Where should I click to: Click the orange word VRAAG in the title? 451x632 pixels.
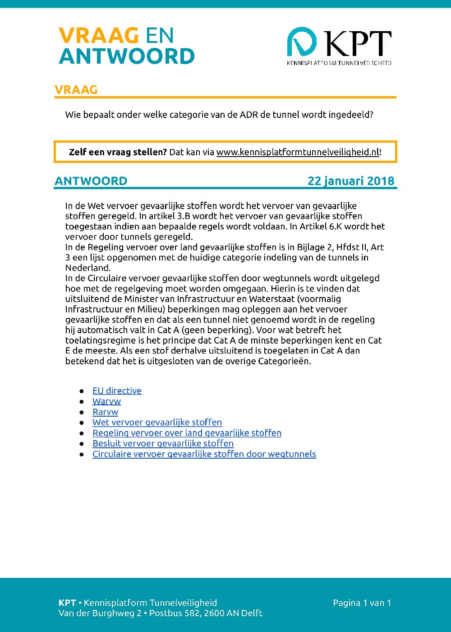[x=98, y=36]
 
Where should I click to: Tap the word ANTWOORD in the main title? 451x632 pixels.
[x=127, y=56]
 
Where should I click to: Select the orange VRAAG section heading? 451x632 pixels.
[x=76, y=90]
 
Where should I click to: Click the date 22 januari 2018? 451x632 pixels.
[x=351, y=181]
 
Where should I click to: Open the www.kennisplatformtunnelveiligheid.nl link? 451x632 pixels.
[x=298, y=152]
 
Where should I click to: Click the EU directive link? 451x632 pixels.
[x=117, y=391]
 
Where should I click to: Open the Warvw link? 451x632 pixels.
[x=107, y=401]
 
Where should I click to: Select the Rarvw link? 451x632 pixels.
[x=105, y=412]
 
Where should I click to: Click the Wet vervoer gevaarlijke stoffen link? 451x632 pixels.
[x=157, y=423]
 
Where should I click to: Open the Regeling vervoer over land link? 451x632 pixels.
[x=187, y=433]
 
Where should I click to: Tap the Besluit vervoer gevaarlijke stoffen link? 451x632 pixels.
[x=163, y=443]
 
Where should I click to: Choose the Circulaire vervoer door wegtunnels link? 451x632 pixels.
[x=204, y=454]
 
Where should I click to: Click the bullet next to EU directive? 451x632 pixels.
[x=82, y=391]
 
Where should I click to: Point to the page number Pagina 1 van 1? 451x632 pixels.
[x=362, y=603]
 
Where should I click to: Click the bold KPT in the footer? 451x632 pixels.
[x=67, y=603]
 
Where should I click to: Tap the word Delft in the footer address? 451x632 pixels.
[x=252, y=613]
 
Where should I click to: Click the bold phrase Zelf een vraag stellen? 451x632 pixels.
[x=118, y=152]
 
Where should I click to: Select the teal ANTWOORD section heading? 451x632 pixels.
[x=91, y=181]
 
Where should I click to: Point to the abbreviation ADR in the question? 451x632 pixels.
[x=249, y=115]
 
